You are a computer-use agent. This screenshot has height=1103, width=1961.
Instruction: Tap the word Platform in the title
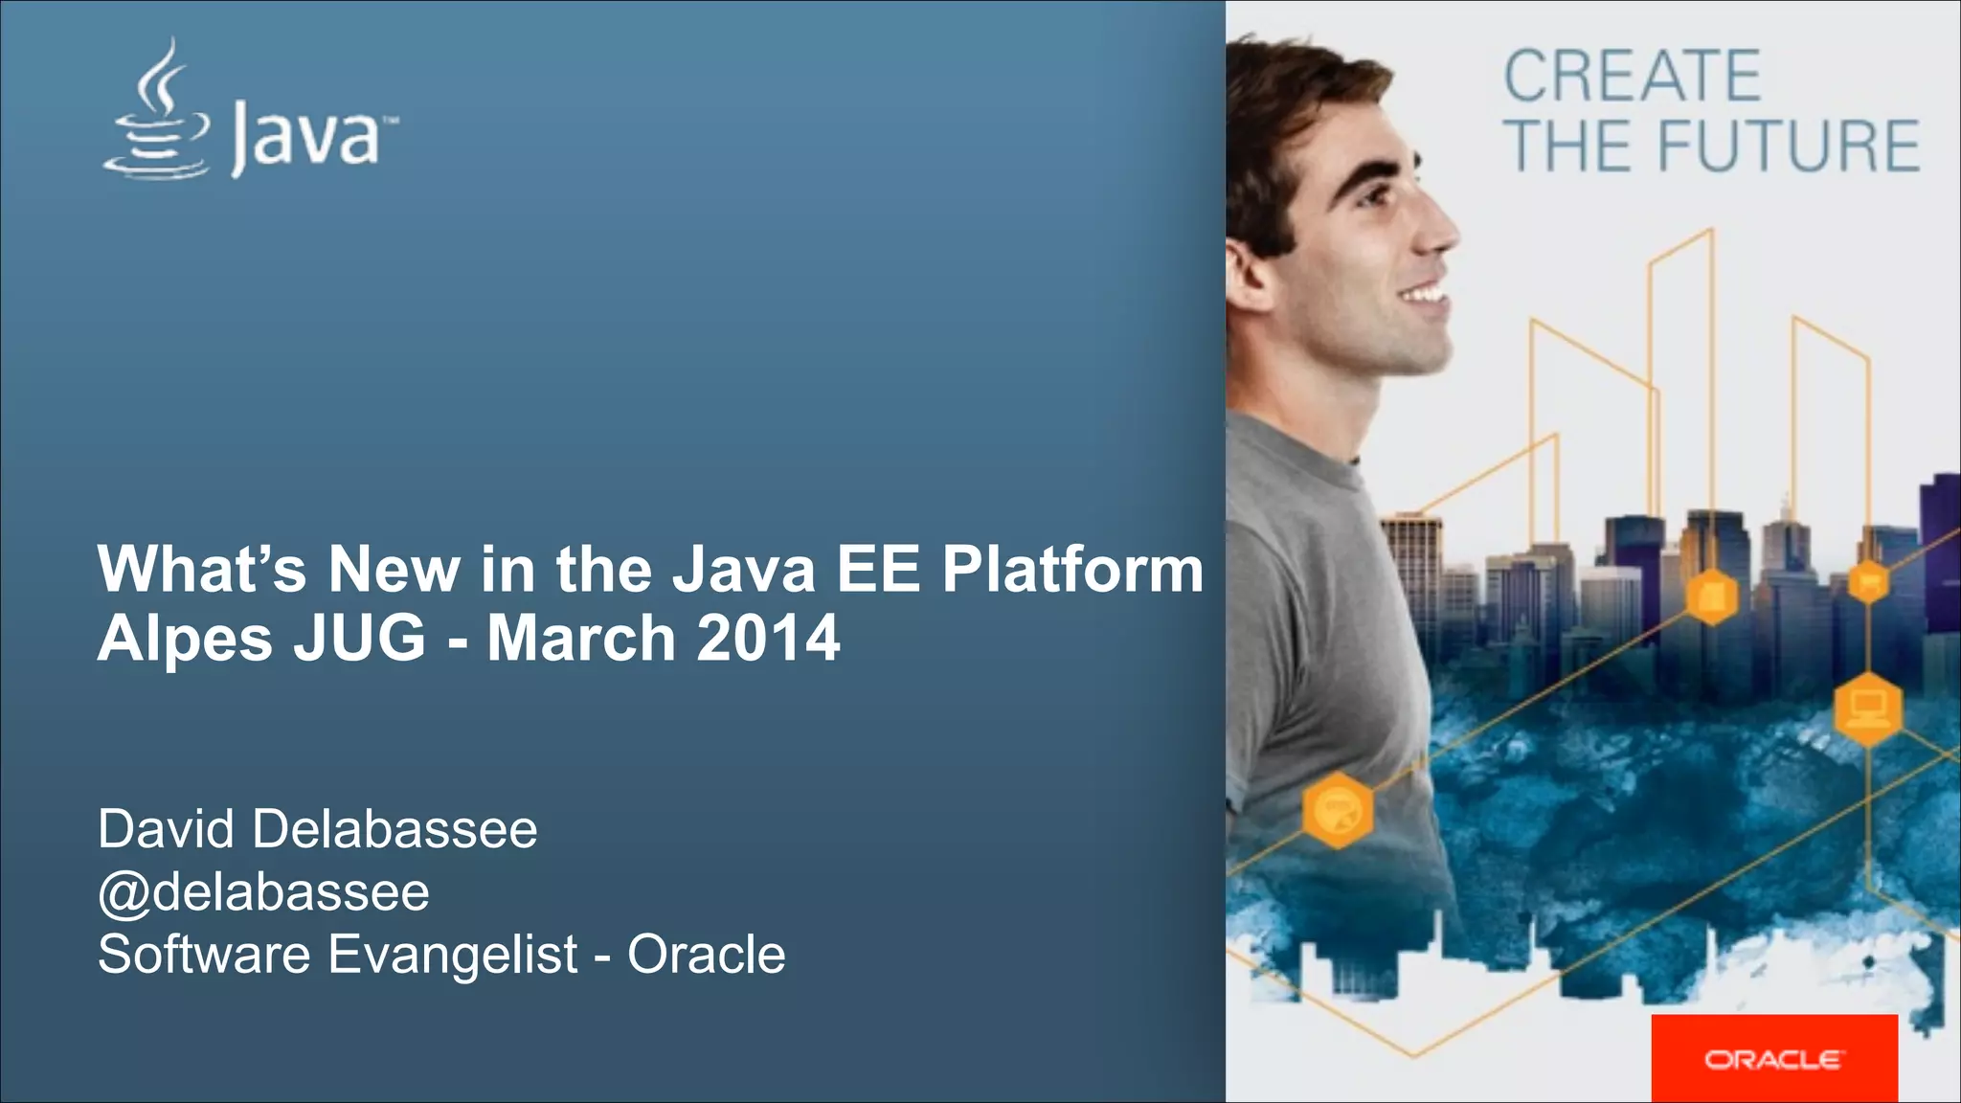click(x=1071, y=569)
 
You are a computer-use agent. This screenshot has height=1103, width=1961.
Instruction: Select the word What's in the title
click(x=202, y=569)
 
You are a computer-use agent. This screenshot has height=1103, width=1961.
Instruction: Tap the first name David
click(x=166, y=828)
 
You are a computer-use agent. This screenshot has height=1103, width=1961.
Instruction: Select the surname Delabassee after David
click(x=394, y=828)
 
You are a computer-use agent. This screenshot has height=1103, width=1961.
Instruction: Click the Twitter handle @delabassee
click(x=263, y=892)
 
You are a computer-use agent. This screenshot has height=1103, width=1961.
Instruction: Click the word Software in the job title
click(x=204, y=955)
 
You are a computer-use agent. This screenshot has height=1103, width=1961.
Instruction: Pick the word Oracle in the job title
click(x=707, y=955)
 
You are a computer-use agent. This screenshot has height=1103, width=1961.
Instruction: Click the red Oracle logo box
click(x=1773, y=1058)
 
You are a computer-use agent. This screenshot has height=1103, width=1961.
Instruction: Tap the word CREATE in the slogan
click(x=1632, y=77)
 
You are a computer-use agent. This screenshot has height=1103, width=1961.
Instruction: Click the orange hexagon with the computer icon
click(x=1867, y=709)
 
